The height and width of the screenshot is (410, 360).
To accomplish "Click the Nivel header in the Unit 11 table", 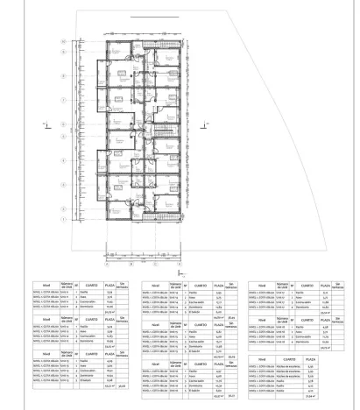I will click(x=45, y=286).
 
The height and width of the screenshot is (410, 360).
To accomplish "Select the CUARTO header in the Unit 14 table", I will click(x=201, y=286).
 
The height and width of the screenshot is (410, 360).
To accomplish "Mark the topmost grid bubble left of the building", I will click(x=62, y=41).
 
